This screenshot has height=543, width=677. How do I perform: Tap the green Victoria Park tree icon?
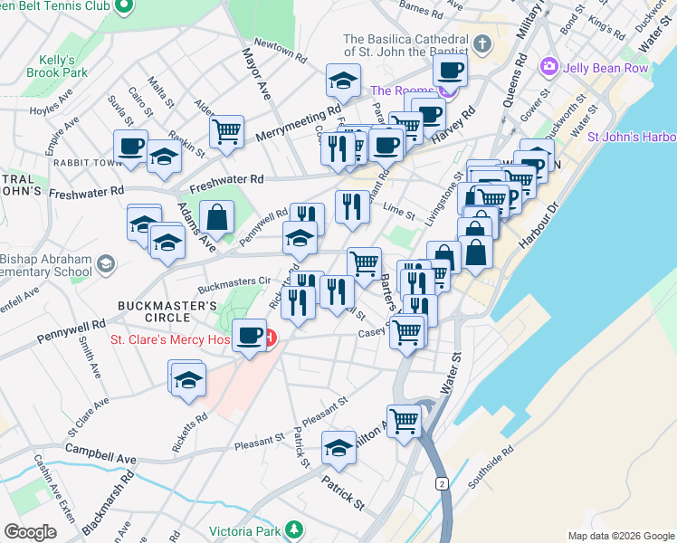293,529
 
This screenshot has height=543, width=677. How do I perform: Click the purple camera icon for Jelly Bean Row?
548,67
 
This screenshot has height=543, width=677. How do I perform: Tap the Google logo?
30,532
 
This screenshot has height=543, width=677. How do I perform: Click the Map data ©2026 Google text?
621,536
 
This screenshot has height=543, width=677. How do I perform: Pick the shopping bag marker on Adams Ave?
217,217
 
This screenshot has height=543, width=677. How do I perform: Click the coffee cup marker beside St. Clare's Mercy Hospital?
250,336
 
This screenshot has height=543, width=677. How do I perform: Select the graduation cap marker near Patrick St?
339,448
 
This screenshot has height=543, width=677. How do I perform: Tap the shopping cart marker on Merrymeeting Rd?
226,130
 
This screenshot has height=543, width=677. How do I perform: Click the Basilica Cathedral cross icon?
483,43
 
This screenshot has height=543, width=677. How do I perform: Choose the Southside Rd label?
493,462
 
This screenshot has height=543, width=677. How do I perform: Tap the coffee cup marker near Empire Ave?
130,146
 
